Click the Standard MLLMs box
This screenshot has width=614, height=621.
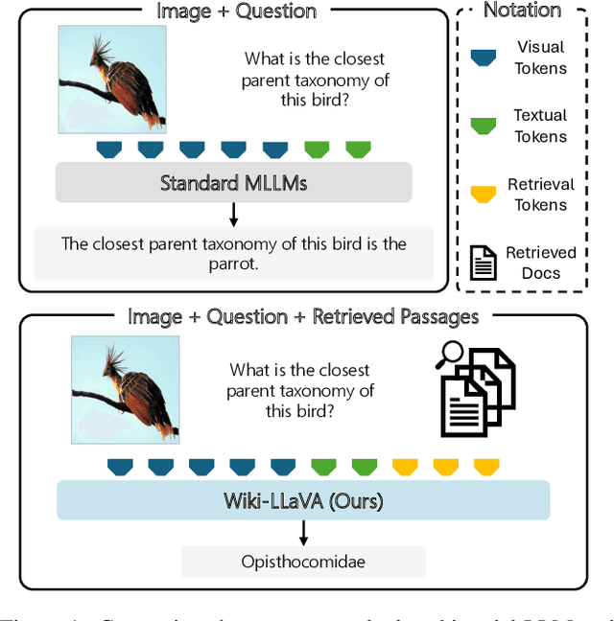233,182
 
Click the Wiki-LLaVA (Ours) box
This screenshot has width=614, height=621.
303,500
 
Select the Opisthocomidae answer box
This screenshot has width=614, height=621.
303,561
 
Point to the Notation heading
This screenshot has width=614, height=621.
522,11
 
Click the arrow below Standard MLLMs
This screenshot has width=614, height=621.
233,214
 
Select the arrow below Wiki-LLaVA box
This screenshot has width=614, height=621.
303,532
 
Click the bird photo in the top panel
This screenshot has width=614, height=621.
112,79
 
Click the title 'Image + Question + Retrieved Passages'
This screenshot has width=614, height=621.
303,316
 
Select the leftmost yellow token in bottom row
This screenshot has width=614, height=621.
406,467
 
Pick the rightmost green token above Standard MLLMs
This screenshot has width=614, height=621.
358,149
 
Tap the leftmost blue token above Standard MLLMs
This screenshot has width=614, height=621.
109,149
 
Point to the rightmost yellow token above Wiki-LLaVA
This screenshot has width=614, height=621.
488,467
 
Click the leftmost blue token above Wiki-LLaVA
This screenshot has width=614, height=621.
119,467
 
